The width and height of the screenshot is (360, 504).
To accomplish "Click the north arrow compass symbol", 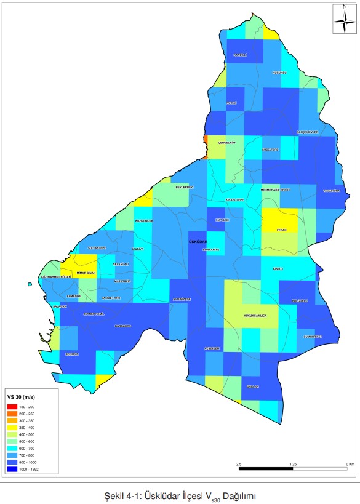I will coord(342,20).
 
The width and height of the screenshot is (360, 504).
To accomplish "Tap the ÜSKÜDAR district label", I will coord(198,242).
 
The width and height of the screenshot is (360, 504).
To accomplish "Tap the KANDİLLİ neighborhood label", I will coord(240,55).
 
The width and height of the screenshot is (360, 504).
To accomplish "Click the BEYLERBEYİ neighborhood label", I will coord(185,186).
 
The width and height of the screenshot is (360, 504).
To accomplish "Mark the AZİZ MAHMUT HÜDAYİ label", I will coord(57,277).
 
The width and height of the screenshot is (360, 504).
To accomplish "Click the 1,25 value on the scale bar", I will coord(293,463).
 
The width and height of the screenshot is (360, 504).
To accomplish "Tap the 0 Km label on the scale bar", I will coord(350,463).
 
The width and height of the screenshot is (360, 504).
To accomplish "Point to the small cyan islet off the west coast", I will coord(30,284).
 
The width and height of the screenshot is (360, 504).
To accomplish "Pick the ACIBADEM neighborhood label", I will coord(212,348).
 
